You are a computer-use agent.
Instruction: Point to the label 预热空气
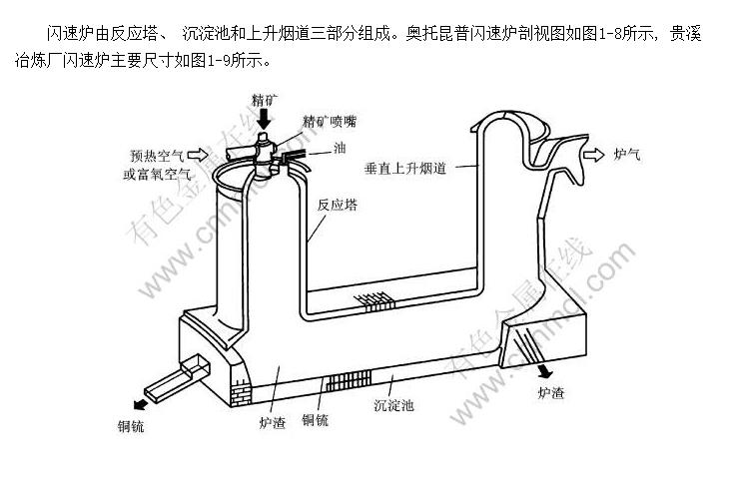click(x=157, y=156)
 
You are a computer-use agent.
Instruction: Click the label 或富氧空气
click(x=158, y=174)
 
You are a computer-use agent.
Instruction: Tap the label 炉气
click(x=627, y=155)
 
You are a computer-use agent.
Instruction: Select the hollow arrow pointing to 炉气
click(x=593, y=155)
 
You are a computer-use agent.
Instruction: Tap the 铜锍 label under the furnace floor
click(x=316, y=420)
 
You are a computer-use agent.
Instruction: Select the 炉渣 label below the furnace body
click(x=272, y=422)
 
